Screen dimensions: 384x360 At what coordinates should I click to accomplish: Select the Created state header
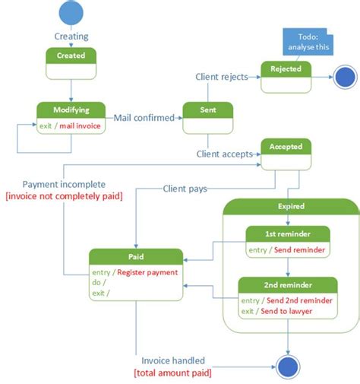click(71, 56)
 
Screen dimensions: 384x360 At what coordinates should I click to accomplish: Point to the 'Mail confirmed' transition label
click(144, 118)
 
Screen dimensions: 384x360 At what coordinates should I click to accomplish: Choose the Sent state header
click(207, 109)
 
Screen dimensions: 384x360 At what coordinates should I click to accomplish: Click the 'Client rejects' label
click(223, 76)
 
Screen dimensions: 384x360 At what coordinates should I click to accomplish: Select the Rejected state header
click(286, 69)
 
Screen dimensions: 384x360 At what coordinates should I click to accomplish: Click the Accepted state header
click(286, 147)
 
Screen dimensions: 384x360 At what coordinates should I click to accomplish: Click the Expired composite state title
click(291, 205)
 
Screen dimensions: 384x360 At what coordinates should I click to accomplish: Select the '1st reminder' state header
click(288, 233)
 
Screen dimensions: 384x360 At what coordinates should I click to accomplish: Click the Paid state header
click(135, 256)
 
